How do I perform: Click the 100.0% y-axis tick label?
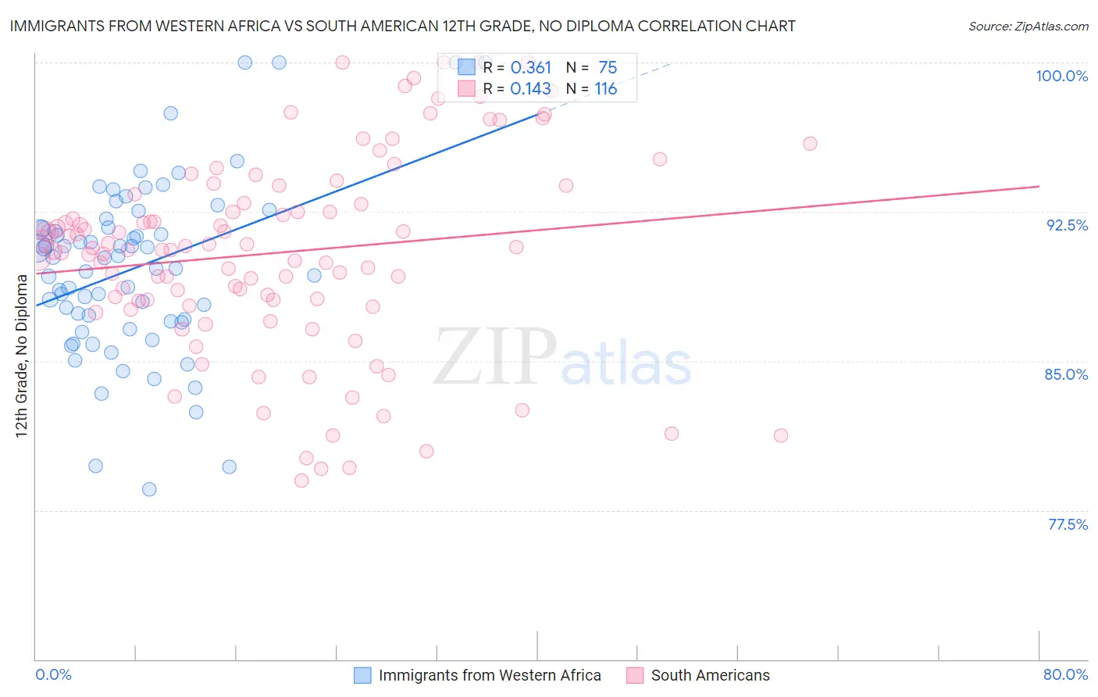pyautogui.click(x=1061, y=76)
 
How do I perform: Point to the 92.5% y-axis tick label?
pyautogui.click(x=1067, y=225)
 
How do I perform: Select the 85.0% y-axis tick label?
pyautogui.click(x=1066, y=374)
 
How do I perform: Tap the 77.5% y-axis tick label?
pyautogui.click(x=1068, y=524)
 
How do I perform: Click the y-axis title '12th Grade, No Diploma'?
pyautogui.click(x=22, y=356)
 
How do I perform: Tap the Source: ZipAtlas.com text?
pyautogui.click(x=1028, y=27)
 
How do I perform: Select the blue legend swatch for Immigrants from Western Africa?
pyautogui.click(x=362, y=675)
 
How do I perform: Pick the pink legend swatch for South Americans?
pyautogui.click(x=634, y=675)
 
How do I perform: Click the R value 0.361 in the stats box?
pyautogui.click(x=530, y=68)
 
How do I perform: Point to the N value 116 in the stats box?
pyautogui.click(x=605, y=89)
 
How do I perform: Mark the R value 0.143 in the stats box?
pyautogui.click(x=530, y=89)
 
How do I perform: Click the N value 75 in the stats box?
pyautogui.click(x=608, y=68)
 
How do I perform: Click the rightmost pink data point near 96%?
pyautogui.click(x=810, y=144)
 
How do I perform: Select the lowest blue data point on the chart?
pyautogui.click(x=149, y=489)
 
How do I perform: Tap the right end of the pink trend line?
pyautogui.click(x=1039, y=187)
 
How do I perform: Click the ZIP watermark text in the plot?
pyautogui.click(x=495, y=357)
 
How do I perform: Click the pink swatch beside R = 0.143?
pyautogui.click(x=466, y=89)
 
